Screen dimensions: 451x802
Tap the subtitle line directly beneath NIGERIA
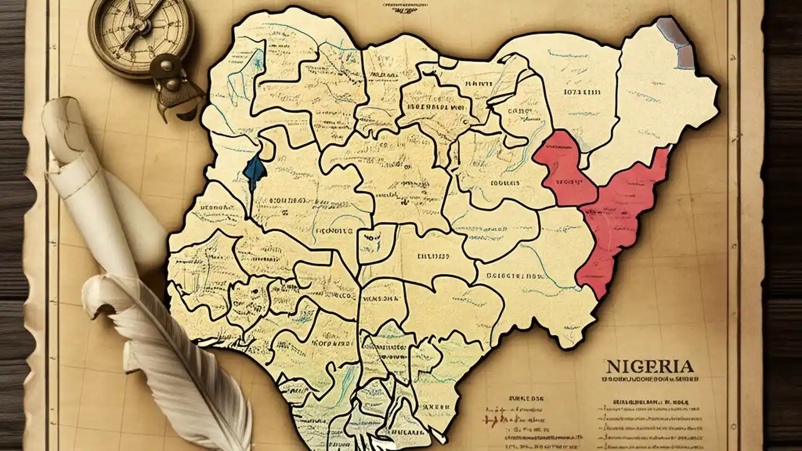click(x=649, y=380)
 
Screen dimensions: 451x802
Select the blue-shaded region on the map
click(x=255, y=172)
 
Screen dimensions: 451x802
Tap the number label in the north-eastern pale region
click(x=582, y=92)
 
